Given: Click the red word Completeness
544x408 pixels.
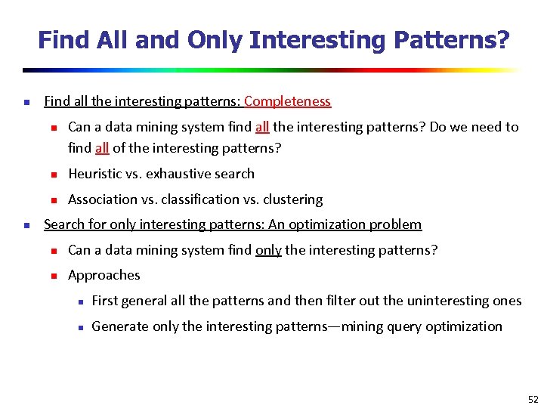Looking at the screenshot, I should coord(287,101).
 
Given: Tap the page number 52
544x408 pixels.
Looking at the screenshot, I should coord(533,399).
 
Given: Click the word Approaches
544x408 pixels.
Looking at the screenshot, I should coord(104,275).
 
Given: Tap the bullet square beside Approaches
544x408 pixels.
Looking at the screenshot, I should coord(53,276).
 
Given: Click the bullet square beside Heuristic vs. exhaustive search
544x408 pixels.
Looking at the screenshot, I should coord(53,175).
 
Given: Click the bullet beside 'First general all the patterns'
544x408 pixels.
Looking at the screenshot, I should coord(77,301).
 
